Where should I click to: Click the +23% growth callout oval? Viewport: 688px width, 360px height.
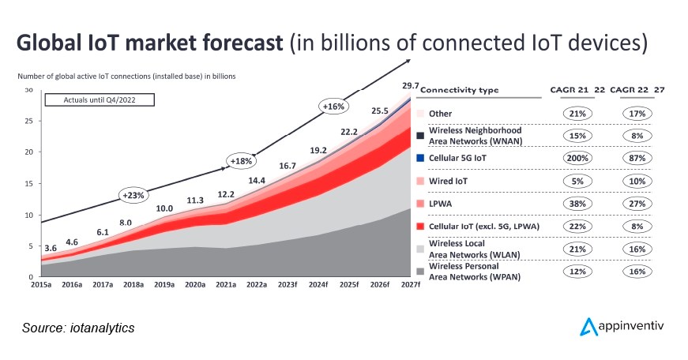point(133,194)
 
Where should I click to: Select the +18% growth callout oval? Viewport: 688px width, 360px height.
point(241,161)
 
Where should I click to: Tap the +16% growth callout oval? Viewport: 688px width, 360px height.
point(333,105)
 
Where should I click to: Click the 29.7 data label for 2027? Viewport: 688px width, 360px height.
point(410,85)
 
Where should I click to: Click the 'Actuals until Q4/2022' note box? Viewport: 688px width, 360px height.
point(99,100)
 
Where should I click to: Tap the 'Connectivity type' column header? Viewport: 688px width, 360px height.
point(460,90)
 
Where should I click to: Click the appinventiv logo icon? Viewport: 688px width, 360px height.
point(588,327)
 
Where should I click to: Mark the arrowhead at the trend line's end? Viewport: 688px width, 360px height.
point(408,60)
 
